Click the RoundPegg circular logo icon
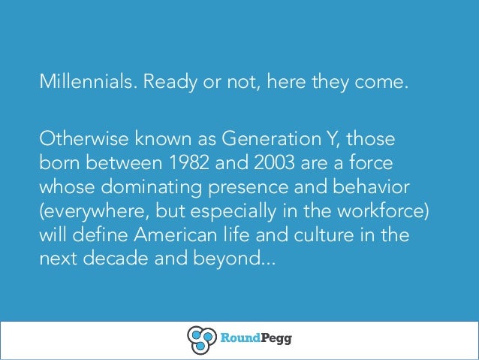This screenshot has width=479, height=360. tap(201, 338)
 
